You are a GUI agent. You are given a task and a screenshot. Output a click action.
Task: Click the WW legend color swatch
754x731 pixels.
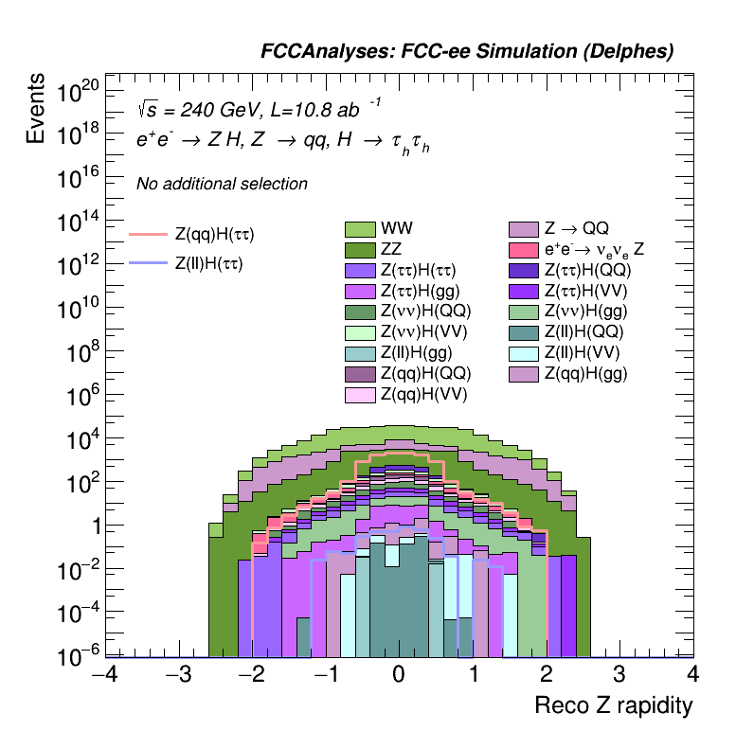pyautogui.click(x=361, y=229)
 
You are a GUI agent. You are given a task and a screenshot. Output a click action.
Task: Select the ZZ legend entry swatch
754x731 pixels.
pyautogui.click(x=361, y=250)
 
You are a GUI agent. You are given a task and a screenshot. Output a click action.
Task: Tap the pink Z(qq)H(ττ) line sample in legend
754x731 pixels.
pyautogui.click(x=148, y=234)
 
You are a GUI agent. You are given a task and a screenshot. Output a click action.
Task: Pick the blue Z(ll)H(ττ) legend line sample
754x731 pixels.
pyautogui.click(x=148, y=264)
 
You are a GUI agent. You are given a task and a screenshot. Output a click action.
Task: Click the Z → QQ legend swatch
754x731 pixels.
pyautogui.click(x=524, y=229)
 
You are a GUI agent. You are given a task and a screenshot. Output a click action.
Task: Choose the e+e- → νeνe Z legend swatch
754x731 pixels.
pyautogui.click(x=524, y=250)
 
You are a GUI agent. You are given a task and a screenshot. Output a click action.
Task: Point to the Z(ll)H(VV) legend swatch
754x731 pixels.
pyautogui.click(x=524, y=352)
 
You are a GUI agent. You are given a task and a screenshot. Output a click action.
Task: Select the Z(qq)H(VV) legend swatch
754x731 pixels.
pyautogui.click(x=361, y=394)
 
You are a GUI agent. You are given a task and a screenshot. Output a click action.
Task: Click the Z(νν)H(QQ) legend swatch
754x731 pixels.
pyautogui.click(x=361, y=312)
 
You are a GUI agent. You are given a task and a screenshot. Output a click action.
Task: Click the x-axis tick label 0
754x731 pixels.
pyautogui.click(x=399, y=675)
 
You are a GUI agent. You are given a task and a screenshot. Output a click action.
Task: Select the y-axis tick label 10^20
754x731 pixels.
pyautogui.click(x=79, y=93)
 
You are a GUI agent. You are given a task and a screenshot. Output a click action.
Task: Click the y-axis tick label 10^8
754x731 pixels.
pyautogui.click(x=82, y=354)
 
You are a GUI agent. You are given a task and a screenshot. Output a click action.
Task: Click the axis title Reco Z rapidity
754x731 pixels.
pyautogui.click(x=614, y=706)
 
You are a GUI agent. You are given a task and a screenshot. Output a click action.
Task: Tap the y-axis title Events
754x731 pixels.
pyautogui.click(x=36, y=108)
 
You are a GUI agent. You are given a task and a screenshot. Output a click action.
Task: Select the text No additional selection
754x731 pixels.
pyautogui.click(x=222, y=184)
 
